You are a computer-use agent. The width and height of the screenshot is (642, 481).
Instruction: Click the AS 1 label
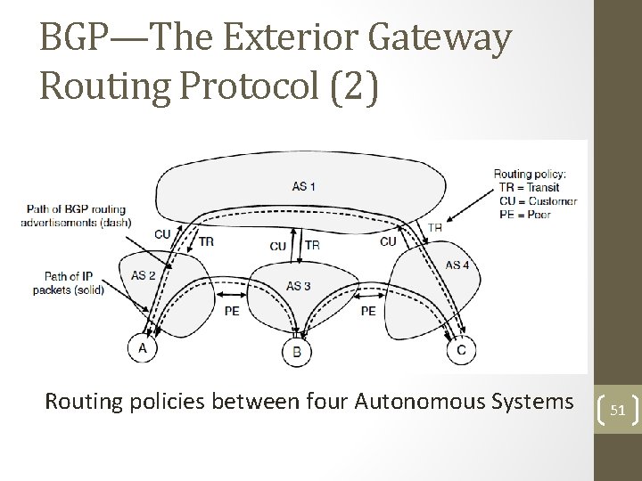click(x=303, y=186)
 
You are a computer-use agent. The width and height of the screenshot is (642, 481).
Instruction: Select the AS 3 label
click(x=299, y=285)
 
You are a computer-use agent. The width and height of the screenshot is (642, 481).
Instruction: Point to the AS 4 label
click(x=457, y=265)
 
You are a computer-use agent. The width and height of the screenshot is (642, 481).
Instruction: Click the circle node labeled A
click(x=143, y=348)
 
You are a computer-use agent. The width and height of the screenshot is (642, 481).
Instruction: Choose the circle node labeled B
click(x=297, y=352)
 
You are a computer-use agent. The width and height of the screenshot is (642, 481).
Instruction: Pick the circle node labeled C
click(x=460, y=349)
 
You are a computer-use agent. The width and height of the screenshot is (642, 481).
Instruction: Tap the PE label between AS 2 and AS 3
click(x=231, y=312)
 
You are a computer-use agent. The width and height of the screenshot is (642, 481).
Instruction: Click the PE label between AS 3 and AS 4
click(x=367, y=312)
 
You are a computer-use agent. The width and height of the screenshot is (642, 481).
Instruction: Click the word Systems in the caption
click(x=532, y=402)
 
